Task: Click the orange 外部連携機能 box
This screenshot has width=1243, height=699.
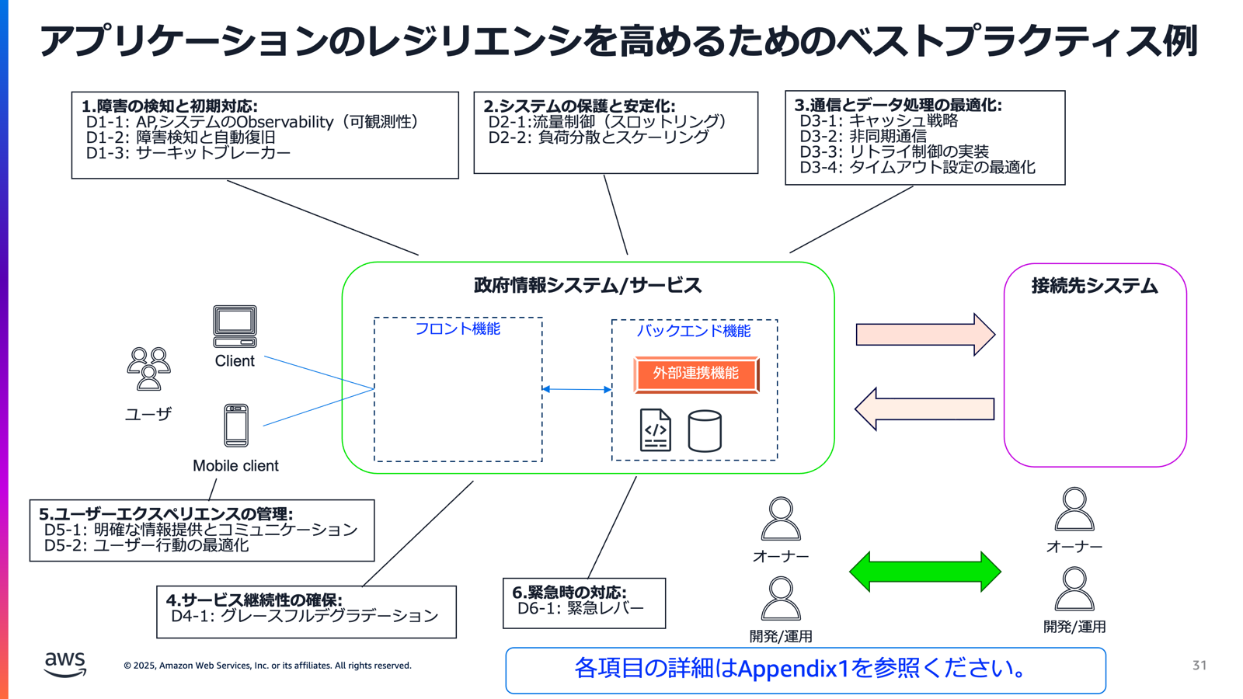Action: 696,374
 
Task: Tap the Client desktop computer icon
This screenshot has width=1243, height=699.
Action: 235,326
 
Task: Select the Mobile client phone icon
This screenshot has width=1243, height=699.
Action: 236,425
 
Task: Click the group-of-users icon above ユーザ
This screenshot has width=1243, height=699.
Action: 148,369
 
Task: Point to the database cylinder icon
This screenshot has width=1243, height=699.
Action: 705,431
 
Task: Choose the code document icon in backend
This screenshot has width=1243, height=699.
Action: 655,430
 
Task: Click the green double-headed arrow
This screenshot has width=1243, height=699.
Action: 924,572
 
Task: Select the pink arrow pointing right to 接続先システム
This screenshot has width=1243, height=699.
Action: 924,335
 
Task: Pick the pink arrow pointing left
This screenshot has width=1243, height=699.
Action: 924,409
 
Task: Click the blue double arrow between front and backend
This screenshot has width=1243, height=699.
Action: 576,389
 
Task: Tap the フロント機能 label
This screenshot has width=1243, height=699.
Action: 458,329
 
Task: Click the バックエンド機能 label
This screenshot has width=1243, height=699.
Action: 694,331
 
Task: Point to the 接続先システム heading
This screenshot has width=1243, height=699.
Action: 1094,287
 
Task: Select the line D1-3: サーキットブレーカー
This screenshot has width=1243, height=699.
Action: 188,153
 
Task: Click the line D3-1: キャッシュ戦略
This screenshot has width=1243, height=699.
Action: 879,121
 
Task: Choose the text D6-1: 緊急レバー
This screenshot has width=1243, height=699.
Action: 580,608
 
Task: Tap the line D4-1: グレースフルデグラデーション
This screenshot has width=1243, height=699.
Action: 305,616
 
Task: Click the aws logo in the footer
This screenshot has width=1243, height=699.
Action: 65,664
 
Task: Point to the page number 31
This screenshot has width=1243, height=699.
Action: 1199,665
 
